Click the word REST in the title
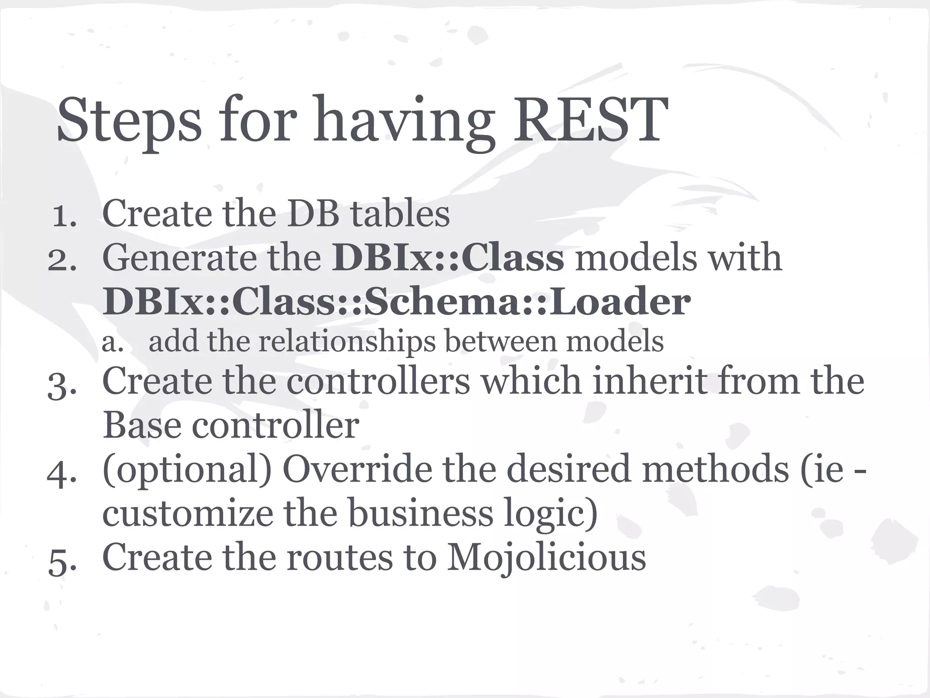(590, 120)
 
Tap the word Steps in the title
(129, 120)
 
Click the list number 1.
(64, 216)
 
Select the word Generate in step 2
(179, 258)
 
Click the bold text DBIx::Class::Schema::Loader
(396, 302)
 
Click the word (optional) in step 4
(187, 471)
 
